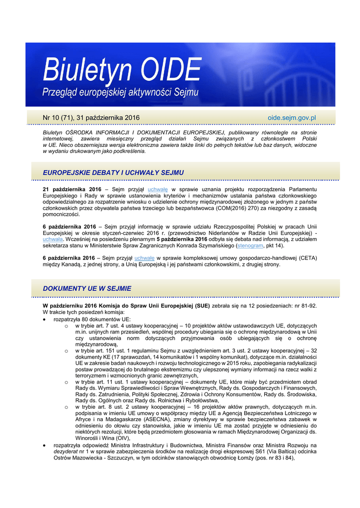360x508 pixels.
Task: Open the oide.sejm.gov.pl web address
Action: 292,118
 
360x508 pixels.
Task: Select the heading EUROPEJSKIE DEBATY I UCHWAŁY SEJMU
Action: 113,172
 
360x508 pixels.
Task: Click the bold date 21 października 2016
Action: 72,190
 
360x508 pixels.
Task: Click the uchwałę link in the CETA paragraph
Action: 144,258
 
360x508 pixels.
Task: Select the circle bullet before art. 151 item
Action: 67,351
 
